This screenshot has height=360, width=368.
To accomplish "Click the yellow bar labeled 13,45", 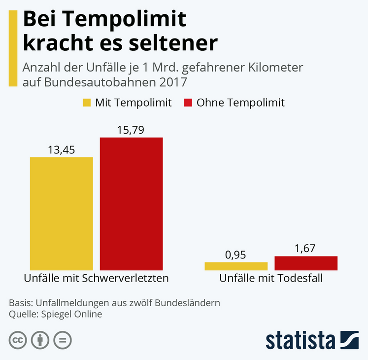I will pos(62,214).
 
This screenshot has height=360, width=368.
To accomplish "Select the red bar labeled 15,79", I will pos(131,204).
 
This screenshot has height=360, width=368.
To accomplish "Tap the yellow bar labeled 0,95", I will pos(236,266).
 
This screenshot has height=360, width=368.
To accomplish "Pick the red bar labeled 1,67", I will pos(306,263).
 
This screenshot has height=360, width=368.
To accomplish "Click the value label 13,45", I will pos(61,150).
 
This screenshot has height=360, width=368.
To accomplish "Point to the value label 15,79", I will pos(131,130).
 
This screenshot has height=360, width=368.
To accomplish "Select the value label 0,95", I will pos(235,255).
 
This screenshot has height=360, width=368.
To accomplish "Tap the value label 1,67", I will pos(305,249).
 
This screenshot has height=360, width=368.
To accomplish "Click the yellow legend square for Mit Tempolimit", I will pos(87,103).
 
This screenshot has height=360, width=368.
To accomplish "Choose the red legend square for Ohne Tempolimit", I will pos(188,103).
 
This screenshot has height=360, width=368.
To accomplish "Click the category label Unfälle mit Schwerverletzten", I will pos(97,278).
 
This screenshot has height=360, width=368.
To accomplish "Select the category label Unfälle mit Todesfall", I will pos(271,278).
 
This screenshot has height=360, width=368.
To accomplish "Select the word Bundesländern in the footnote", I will pos(189,302).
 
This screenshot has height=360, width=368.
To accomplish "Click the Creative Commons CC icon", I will pos(18,340).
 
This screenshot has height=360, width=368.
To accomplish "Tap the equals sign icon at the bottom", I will pos(63,340).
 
